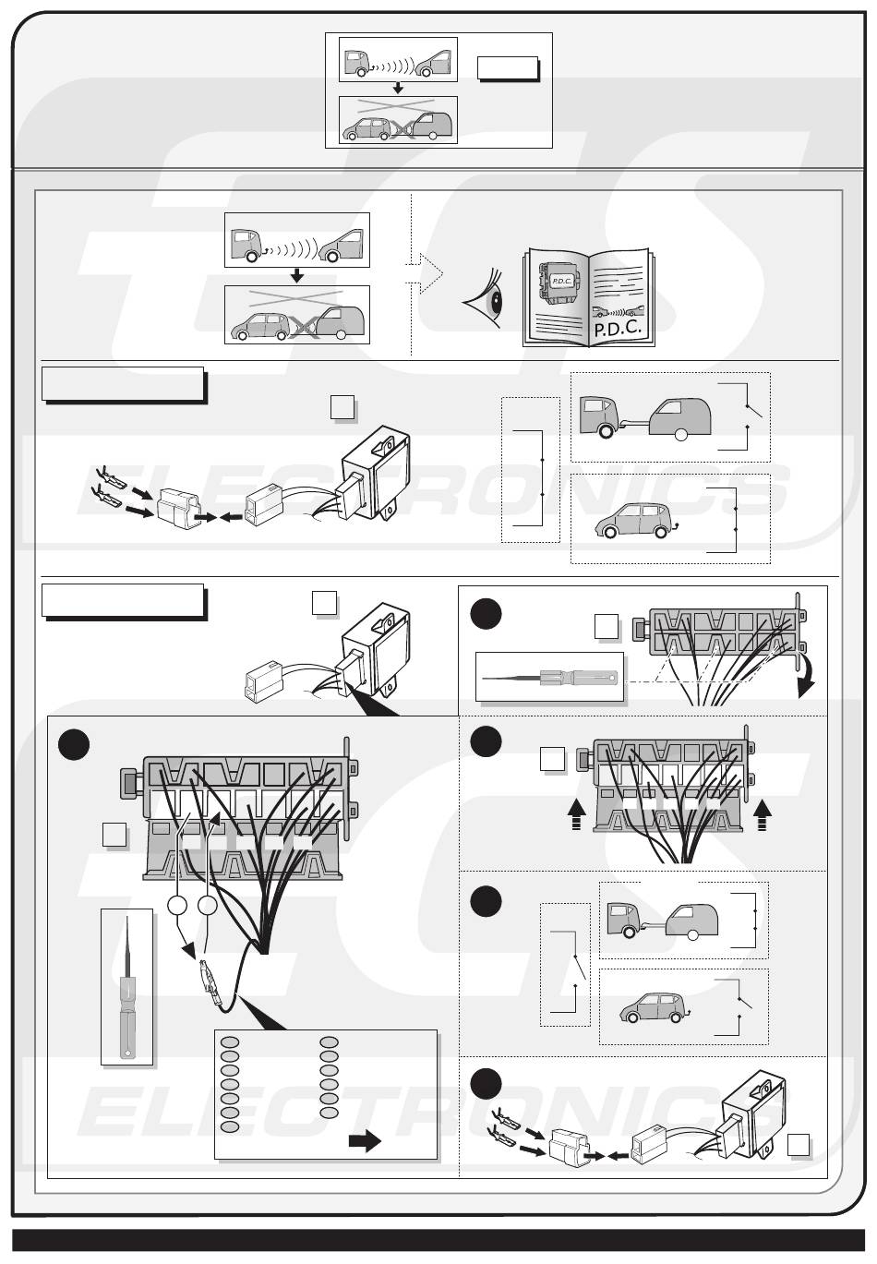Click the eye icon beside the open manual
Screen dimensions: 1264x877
488,299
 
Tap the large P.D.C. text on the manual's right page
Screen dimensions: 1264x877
618,329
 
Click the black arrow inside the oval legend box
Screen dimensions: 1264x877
365,1141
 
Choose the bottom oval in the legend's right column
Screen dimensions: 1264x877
330,1114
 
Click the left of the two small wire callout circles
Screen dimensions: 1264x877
178,907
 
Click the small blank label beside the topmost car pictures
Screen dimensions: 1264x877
507,68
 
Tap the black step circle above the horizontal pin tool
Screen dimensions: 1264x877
485,615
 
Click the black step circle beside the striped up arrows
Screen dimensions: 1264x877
485,741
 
